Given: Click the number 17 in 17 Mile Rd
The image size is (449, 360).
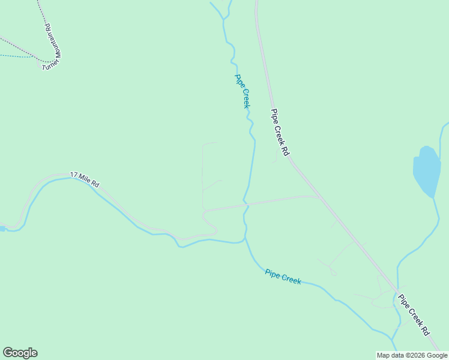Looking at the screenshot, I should (74, 175).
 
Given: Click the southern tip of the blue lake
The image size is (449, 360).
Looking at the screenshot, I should (433, 196).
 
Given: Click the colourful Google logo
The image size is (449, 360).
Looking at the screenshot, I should (20, 353).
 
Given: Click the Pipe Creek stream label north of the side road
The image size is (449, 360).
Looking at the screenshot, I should (242, 91).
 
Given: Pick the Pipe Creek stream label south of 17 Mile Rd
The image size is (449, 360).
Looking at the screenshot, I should (283, 277).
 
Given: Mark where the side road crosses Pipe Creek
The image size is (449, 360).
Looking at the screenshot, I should (246, 205).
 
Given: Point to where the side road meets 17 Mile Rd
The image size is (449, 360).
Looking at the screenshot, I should (205, 211).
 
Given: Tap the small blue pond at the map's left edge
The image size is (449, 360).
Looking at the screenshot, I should (2, 229).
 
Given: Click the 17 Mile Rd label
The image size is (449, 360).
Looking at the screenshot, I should (85, 179).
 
